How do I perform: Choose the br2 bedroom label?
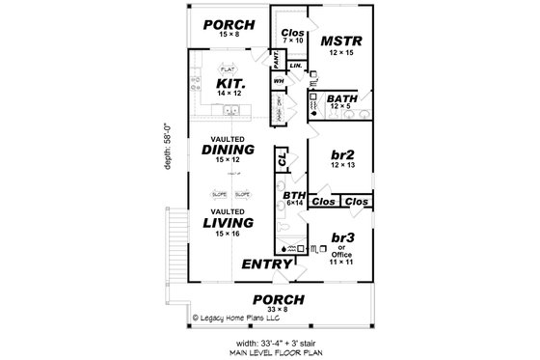point(342,156)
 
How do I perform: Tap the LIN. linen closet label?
point(295,65)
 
